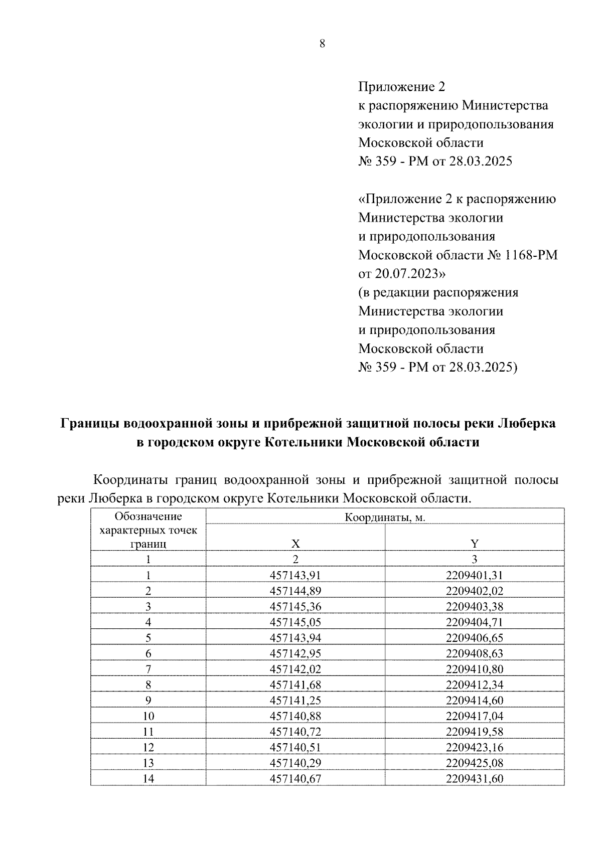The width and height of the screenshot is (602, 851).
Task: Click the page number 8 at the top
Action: point(322,44)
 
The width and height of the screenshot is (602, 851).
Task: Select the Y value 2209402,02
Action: point(474,591)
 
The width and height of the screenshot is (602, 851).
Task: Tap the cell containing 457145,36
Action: point(295,606)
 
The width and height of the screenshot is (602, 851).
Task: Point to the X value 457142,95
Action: point(295,653)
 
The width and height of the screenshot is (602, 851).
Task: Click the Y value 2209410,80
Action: point(474,669)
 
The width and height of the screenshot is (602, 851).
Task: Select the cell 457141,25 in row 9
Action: point(295,700)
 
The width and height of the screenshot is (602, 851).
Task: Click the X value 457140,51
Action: point(295,747)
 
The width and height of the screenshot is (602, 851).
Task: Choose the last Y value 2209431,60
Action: point(474,778)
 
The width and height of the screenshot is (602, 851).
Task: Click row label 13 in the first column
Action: point(148,763)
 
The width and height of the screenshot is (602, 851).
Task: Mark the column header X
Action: point(295,544)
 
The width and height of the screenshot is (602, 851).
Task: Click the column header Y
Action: point(474,544)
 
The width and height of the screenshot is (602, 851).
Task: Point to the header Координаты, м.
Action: point(385,518)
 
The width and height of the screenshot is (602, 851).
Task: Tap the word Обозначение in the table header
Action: point(148,517)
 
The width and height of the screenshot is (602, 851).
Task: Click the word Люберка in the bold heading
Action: point(526,423)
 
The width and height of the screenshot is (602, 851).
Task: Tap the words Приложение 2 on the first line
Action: point(401,87)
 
